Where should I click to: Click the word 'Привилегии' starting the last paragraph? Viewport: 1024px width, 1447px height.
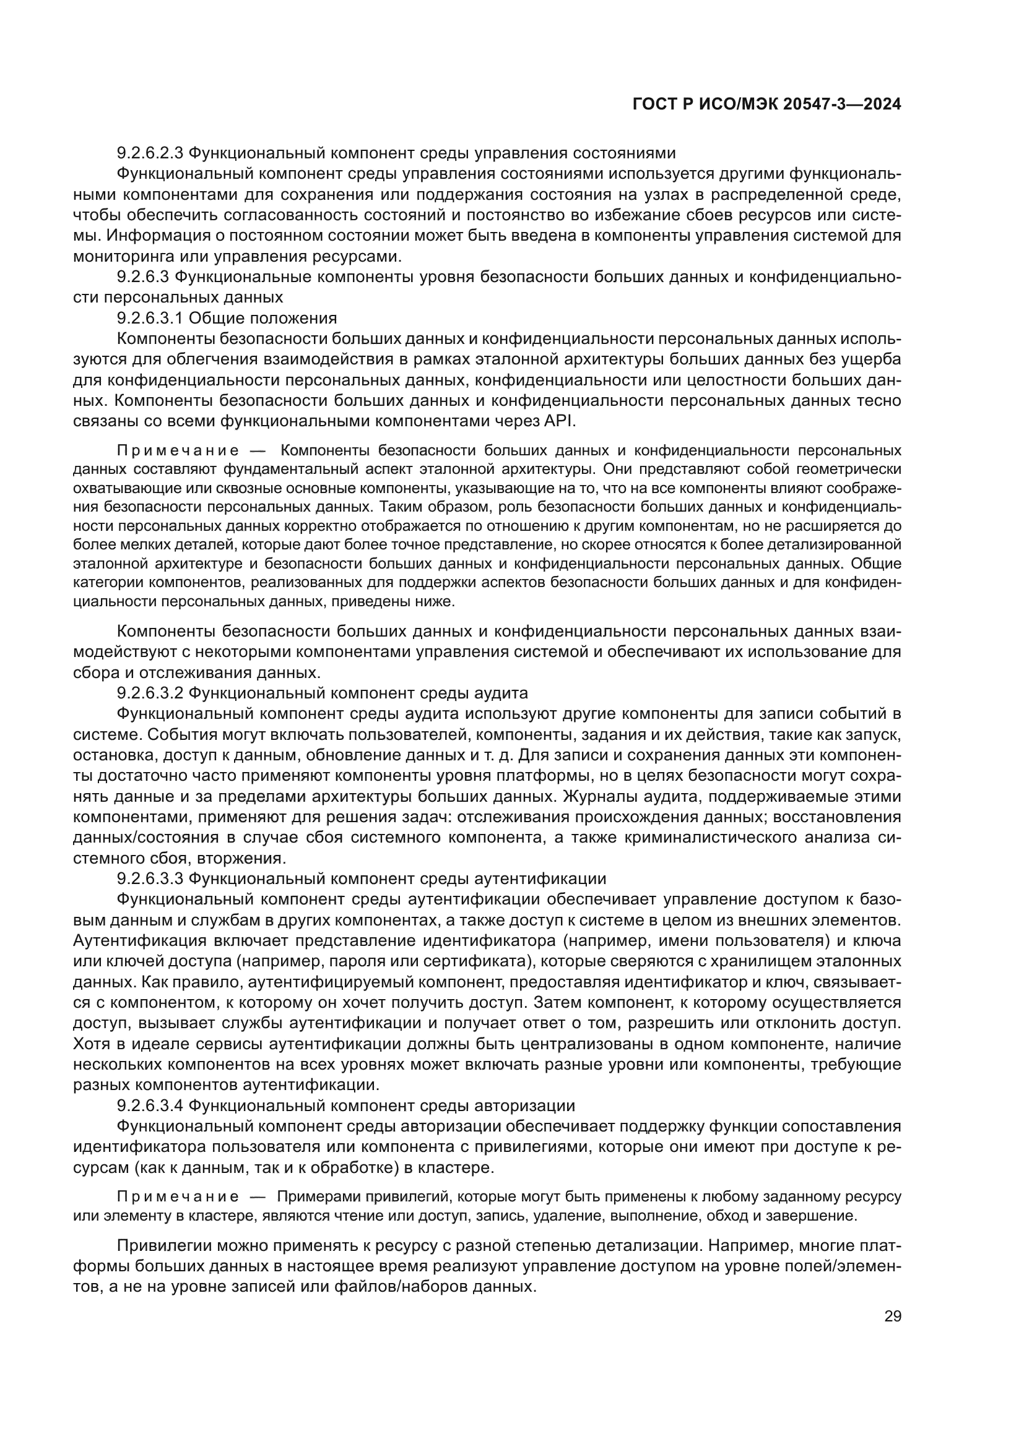162,1246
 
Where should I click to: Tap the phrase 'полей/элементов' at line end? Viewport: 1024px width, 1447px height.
851,1267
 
